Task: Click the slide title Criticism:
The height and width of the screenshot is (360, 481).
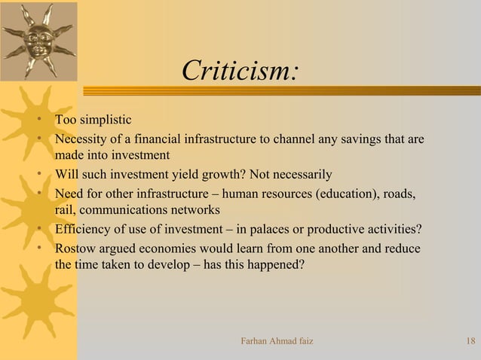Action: [241, 72]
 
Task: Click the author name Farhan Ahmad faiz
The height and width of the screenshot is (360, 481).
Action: [276, 343]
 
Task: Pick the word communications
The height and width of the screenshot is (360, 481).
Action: [123, 210]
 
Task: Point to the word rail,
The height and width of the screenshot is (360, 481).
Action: [65, 210]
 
